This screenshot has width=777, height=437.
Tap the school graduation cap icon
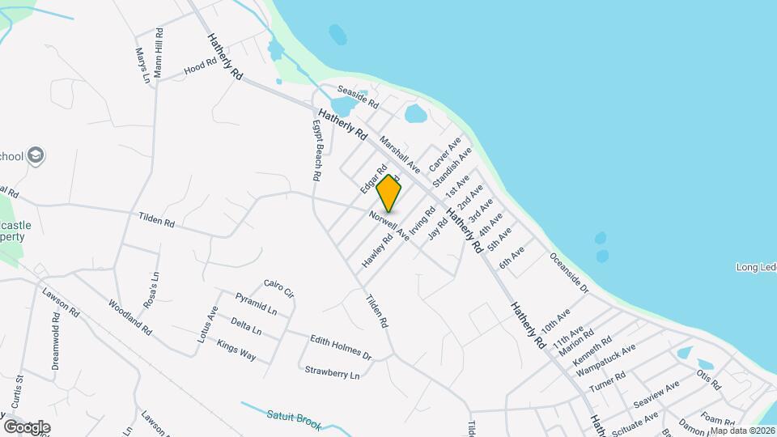pos(36,155)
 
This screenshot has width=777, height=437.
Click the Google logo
pos(27,426)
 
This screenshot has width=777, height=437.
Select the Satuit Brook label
pos(294,420)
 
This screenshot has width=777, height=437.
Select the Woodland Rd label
pos(129,316)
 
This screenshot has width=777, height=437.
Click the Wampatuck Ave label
pos(605,360)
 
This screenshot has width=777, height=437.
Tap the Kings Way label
pos(236,350)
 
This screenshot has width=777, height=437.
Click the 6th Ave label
pos(512,257)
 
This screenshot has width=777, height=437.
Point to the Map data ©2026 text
pos(741,430)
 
